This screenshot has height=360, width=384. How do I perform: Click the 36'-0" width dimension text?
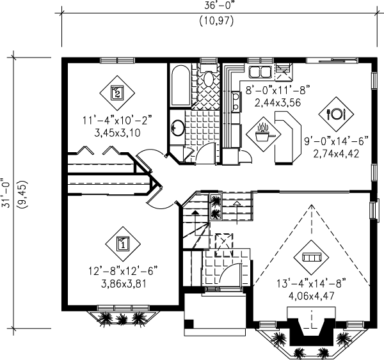click(x=218, y=6)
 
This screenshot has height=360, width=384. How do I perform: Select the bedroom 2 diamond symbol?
click(x=117, y=93)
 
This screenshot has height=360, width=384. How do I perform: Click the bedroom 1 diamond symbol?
click(x=123, y=244)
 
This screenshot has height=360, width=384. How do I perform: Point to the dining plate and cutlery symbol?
click(x=336, y=114)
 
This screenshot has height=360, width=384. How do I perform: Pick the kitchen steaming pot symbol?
click(x=263, y=134)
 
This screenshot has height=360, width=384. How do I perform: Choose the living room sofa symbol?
click(x=311, y=258)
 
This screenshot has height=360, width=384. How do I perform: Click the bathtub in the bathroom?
click(x=180, y=86)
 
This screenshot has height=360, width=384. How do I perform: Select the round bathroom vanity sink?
click(x=178, y=128)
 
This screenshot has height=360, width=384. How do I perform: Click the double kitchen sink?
click(x=260, y=72)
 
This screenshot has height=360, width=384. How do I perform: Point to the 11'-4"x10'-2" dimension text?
click(x=117, y=121)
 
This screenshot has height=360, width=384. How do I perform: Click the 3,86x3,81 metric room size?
click(x=124, y=284)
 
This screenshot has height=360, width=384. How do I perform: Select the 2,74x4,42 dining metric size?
click(x=336, y=153)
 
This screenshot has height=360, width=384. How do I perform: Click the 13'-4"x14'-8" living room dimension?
click(x=311, y=284)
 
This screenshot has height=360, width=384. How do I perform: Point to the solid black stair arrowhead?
click(x=195, y=212)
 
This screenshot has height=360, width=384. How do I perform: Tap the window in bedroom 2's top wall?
click(x=117, y=60)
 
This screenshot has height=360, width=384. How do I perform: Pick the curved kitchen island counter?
click(x=288, y=137)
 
